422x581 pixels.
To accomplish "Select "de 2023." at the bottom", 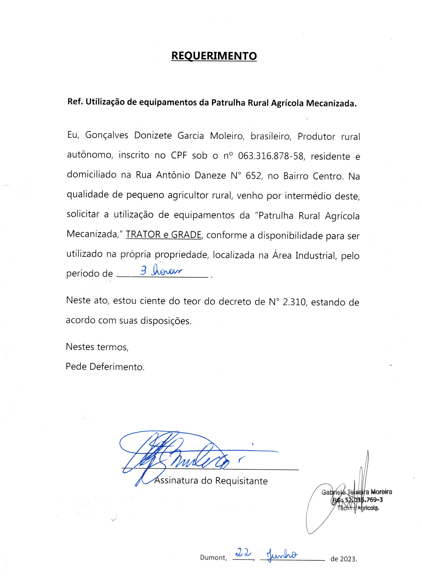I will point(343,559).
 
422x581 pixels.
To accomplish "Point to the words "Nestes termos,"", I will point(97,347).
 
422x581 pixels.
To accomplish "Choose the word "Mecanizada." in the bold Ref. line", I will point(331,103).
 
